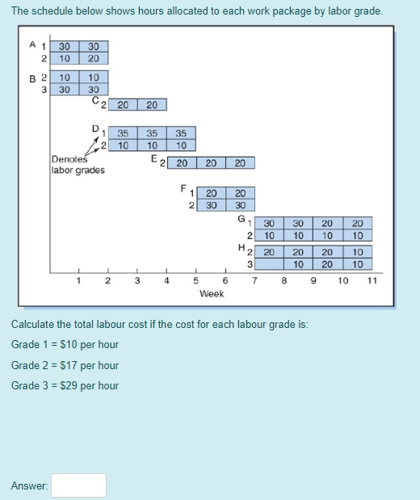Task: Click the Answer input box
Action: pos(79,485)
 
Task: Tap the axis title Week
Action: pos(211,294)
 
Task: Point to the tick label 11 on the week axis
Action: pos(372,281)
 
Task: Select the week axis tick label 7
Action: pos(254,281)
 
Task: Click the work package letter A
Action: pos(32,46)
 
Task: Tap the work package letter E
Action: pos(153,158)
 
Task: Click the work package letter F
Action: pos(183,187)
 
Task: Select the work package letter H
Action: pos(241,246)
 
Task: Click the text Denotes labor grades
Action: pos(77,165)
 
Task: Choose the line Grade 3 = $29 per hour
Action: pos(65,385)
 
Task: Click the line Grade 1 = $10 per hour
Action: pos(65,345)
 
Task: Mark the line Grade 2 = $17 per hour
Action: pos(65,365)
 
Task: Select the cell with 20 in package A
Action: pos(94,59)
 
